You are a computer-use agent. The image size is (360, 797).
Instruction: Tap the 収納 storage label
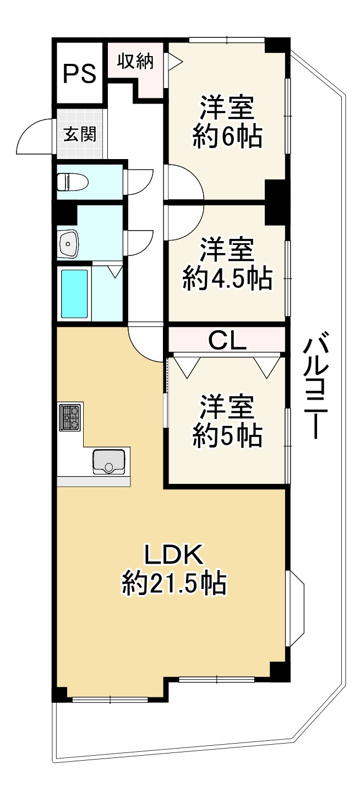point(134,61)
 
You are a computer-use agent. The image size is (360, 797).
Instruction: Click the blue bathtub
point(74,294)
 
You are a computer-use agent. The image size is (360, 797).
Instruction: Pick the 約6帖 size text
point(226,137)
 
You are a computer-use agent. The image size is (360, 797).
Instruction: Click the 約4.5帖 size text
point(226,279)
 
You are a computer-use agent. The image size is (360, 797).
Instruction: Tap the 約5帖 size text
point(226,436)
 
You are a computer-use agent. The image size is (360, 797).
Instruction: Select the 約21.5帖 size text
point(174,584)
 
